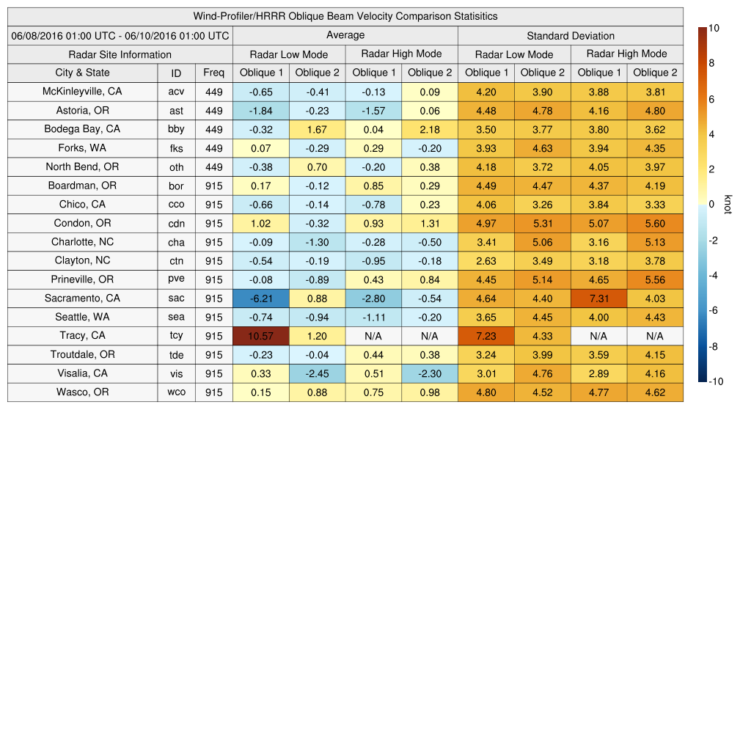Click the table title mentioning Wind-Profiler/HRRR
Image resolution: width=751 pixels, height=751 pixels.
tap(345, 16)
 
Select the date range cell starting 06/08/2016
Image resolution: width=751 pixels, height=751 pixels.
tap(120, 35)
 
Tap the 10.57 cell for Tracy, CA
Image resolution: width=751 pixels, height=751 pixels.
tap(260, 336)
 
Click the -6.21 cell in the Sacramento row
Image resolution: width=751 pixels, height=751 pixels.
tap(260, 298)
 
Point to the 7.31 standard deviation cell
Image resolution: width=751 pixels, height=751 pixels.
tap(598, 298)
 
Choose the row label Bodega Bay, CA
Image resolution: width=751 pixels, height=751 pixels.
tap(82, 129)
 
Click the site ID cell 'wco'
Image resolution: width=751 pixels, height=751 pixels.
tap(176, 392)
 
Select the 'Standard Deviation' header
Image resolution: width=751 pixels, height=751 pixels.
tap(571, 35)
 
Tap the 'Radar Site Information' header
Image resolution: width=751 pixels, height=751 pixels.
tap(120, 54)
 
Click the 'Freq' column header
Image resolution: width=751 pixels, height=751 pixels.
tap(213, 73)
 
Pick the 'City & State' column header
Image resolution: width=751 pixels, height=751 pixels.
tap(82, 73)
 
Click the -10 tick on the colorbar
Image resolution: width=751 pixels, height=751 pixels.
tap(717, 381)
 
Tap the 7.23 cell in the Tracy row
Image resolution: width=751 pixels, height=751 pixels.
tap(486, 336)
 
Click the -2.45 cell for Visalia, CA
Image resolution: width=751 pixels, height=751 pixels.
tap(317, 373)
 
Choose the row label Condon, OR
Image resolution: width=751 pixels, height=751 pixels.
tap(82, 223)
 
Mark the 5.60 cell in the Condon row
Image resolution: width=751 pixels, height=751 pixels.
tap(655, 223)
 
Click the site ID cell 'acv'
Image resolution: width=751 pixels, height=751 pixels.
tap(176, 92)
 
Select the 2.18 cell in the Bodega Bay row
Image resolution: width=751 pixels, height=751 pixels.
tap(429, 129)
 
